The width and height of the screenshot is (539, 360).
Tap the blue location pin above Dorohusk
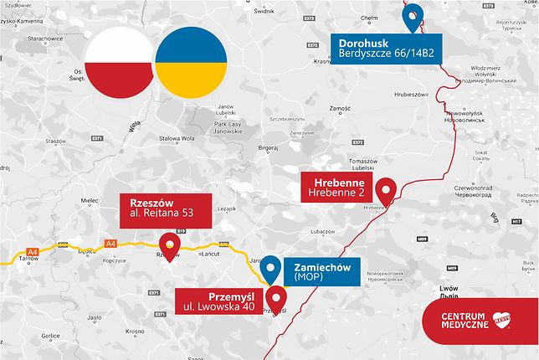click(412, 16)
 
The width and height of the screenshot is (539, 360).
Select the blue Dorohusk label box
click(388, 48)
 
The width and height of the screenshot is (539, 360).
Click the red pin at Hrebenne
click(385, 191)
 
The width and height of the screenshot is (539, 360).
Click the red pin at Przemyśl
click(277, 297)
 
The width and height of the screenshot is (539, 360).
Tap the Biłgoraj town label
click(268, 146)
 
